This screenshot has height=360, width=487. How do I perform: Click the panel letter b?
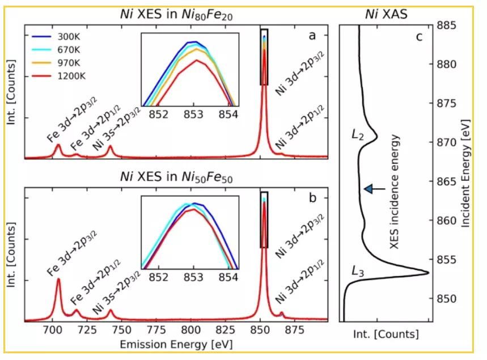point(312,199)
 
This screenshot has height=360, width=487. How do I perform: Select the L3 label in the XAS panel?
point(358,273)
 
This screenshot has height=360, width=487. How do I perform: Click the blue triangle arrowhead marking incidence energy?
point(369,189)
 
